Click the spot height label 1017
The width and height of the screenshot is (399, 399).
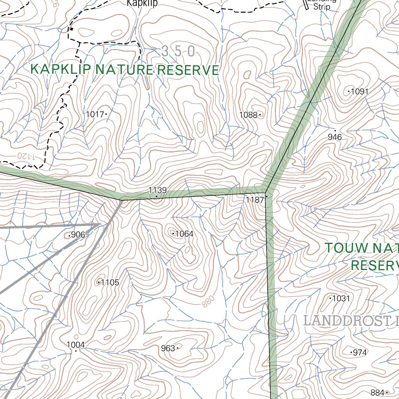pyautogui.click(x=94, y=114)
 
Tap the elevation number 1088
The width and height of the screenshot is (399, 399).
pyautogui.click(x=248, y=115)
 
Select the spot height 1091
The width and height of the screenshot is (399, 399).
pyautogui.click(x=359, y=92)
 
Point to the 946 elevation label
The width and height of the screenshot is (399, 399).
pyautogui.click(x=335, y=137)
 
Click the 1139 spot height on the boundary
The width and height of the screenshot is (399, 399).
pyautogui.click(x=157, y=191)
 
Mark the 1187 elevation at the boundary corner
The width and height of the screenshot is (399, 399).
pyautogui.click(x=255, y=199)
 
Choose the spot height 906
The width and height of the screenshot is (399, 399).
pyautogui.click(x=78, y=235)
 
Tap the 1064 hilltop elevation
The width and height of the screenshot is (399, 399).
pyautogui.click(x=184, y=234)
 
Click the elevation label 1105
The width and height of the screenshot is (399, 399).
pyautogui.click(x=109, y=282)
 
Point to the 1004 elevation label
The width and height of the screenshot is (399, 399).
pyautogui.click(x=76, y=344)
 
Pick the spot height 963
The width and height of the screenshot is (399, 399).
pyautogui.click(x=168, y=348)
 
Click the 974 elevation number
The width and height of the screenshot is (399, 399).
pyautogui.click(x=360, y=353)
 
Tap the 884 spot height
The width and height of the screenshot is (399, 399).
pyautogui.click(x=377, y=392)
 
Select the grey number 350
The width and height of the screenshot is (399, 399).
pyautogui.click(x=178, y=51)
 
